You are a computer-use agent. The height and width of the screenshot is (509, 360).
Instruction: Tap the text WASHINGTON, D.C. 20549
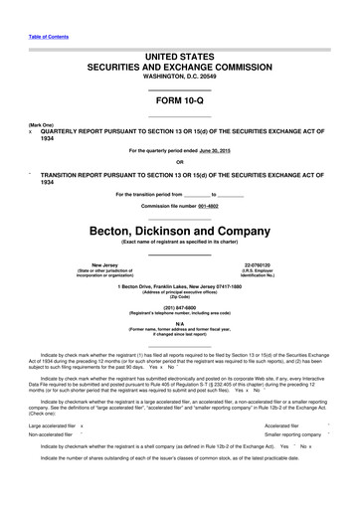tap(179, 76)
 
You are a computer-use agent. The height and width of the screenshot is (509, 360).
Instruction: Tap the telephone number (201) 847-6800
tap(180, 308)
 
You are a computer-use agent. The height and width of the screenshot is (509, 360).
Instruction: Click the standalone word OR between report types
tap(179, 163)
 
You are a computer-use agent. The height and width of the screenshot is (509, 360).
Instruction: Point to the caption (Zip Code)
tap(179, 296)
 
